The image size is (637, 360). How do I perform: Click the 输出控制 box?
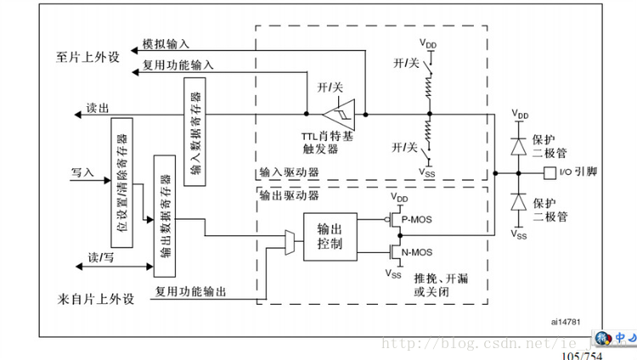click(330, 238)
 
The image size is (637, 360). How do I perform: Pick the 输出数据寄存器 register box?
click(165, 216)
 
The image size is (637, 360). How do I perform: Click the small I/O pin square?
click(550, 173)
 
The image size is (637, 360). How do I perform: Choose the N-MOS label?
click(416, 252)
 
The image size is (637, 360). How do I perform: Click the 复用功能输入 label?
click(178, 65)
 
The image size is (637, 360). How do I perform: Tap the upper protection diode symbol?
click(518, 144)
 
